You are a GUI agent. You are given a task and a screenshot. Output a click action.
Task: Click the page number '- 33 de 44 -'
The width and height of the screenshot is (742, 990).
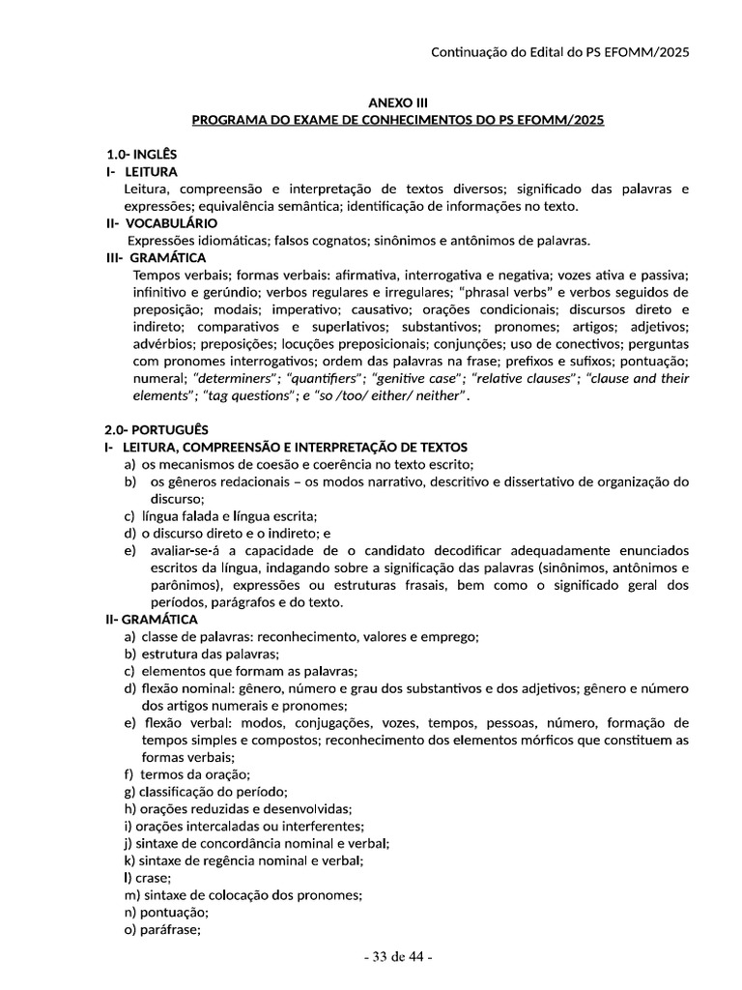coord(397,957)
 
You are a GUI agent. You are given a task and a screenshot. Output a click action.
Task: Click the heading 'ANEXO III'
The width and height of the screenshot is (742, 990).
coord(397,102)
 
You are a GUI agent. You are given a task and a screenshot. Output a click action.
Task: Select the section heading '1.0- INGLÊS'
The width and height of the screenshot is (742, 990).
coord(141,154)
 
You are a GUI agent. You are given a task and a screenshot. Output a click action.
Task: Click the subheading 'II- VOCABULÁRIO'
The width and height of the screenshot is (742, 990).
coord(161,223)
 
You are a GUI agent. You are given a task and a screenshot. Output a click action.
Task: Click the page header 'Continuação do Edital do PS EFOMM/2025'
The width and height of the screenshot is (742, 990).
coord(559,52)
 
